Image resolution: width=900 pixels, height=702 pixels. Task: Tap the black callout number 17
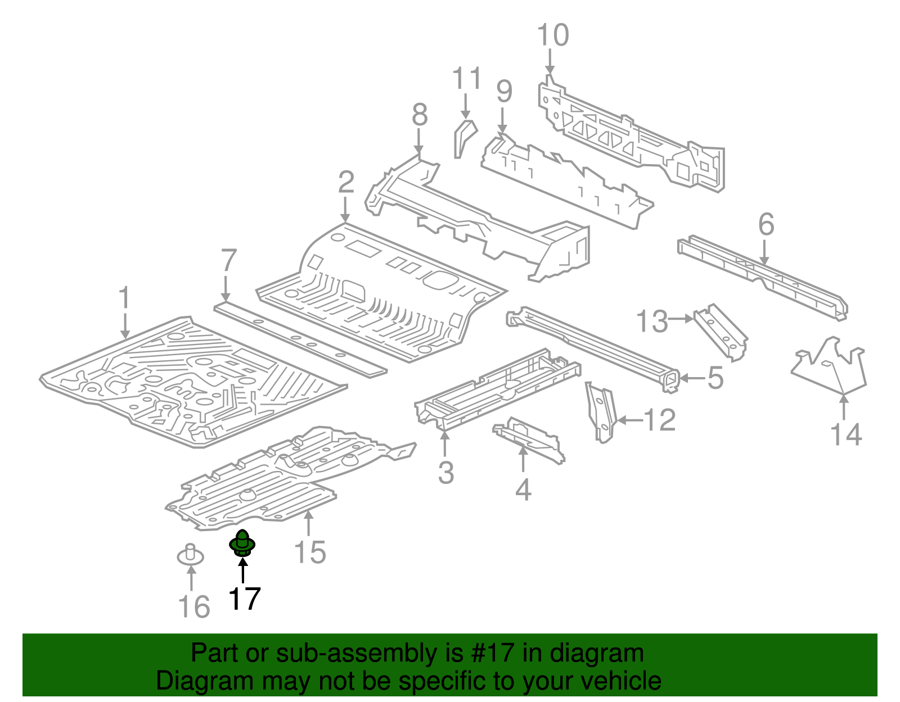[244, 599]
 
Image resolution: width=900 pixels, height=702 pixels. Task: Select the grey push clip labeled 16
[190, 555]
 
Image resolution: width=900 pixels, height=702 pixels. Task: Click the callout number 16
[194, 607]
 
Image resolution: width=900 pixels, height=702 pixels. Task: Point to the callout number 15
[310, 552]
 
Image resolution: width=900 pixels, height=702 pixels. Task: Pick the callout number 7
[228, 261]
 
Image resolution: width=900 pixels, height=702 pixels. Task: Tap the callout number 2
[346, 183]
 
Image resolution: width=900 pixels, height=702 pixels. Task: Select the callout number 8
[420, 115]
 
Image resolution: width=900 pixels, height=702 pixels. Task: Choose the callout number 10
[553, 35]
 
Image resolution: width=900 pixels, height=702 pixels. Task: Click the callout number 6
[766, 225]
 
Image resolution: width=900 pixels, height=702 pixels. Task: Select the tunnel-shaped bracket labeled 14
[830, 368]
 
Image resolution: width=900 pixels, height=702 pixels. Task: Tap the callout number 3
[445, 472]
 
